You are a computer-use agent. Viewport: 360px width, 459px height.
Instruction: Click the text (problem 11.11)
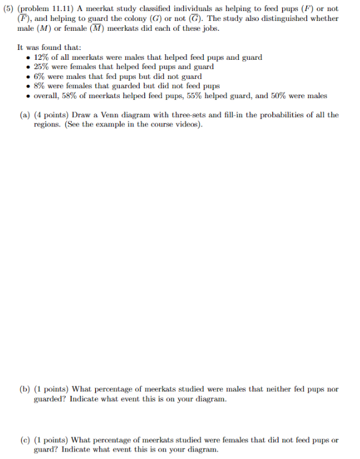coord(42,8)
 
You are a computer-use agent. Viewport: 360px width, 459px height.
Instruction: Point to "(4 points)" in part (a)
coord(53,115)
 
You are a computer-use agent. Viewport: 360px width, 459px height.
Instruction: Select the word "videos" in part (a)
coord(189,124)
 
